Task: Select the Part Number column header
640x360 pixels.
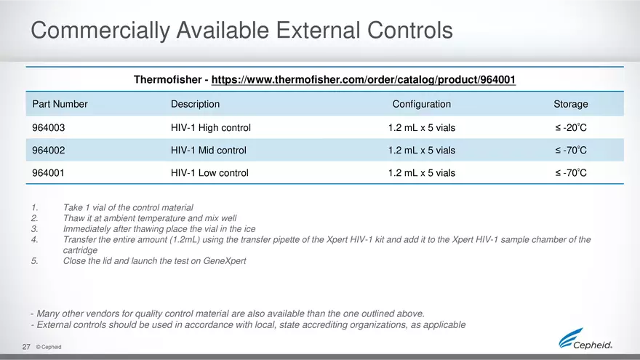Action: click(60, 104)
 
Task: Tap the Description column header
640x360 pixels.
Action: click(194, 104)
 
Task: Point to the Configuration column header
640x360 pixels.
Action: click(421, 104)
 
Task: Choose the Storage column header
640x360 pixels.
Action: click(570, 104)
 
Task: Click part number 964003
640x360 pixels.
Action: click(49, 127)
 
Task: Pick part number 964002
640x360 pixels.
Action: click(49, 151)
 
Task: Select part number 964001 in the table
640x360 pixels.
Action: click(49, 173)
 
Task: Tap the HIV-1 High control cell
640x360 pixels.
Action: click(210, 127)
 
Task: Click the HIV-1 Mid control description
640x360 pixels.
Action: click(208, 151)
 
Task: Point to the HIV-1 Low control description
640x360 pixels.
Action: click(209, 173)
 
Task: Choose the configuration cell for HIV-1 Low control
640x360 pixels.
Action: click(421, 173)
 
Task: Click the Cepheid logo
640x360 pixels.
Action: click(585, 340)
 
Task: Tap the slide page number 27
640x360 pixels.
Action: click(25, 347)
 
